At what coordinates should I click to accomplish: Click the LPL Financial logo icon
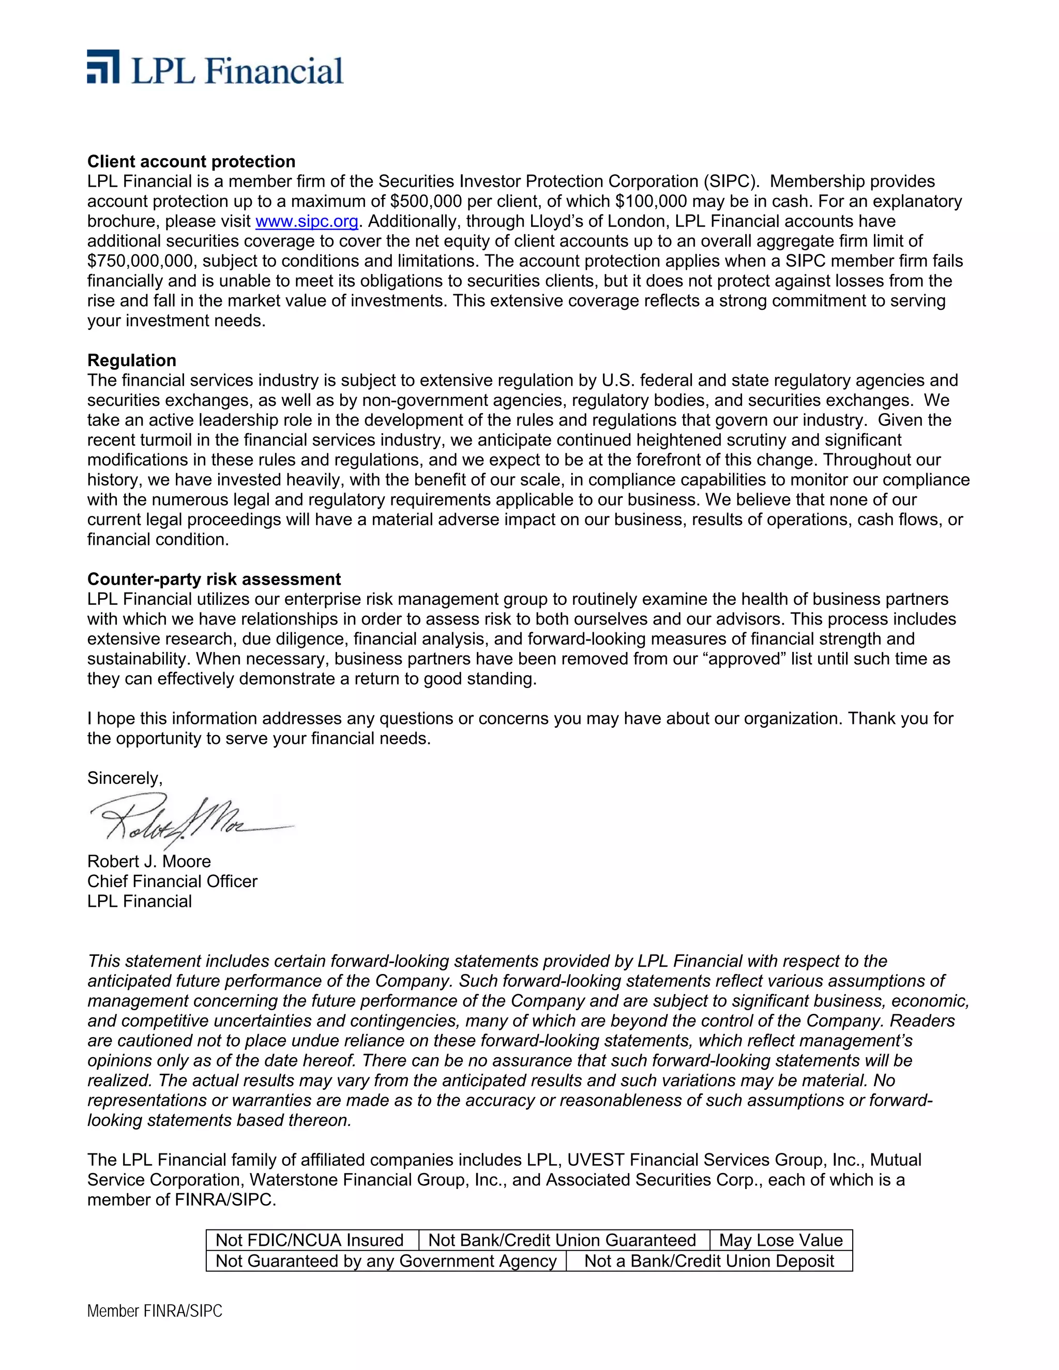coord(103,67)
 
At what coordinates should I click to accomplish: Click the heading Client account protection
coord(191,161)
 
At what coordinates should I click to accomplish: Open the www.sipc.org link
coord(307,221)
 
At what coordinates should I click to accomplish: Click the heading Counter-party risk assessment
coord(214,579)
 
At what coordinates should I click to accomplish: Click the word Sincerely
coord(124,778)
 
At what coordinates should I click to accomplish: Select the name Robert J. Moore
coord(149,861)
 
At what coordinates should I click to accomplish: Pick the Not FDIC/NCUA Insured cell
coord(309,1240)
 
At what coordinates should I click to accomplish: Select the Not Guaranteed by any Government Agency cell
coord(386,1261)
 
